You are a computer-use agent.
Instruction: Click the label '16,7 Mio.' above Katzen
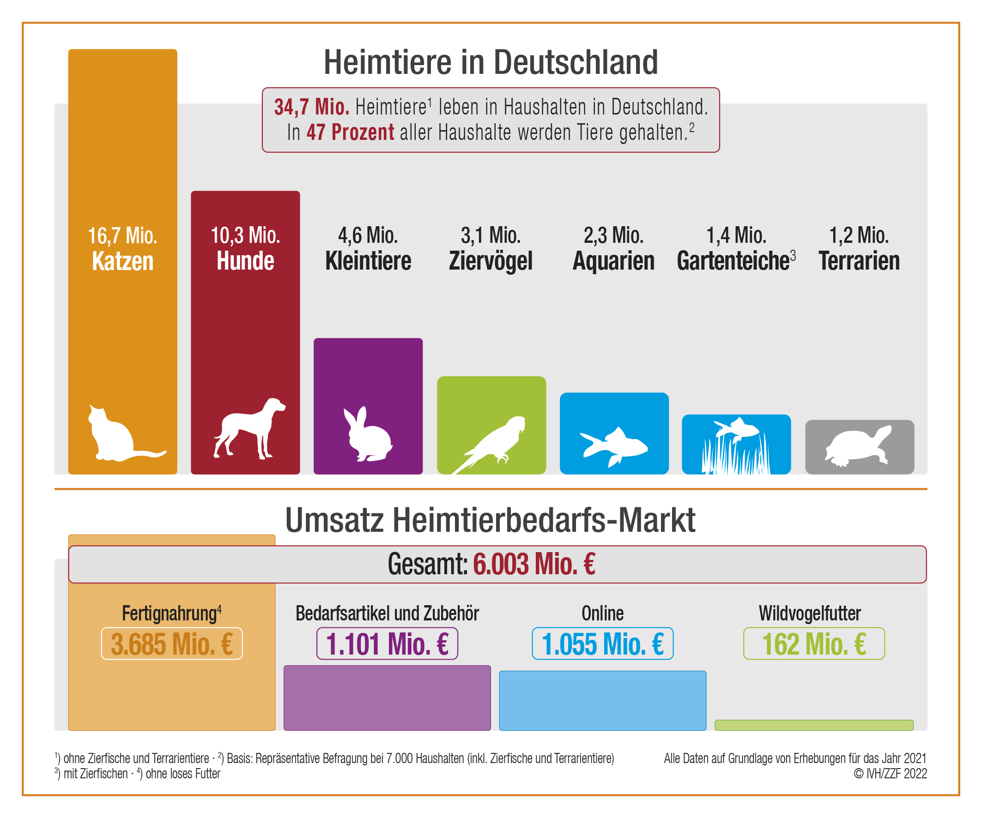[122, 235]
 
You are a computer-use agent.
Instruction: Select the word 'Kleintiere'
[368, 261]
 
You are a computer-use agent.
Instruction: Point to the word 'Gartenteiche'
[733, 261]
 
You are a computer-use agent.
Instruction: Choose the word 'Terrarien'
[859, 261]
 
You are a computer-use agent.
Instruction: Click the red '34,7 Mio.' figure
[311, 107]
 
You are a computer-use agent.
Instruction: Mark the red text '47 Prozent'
[350, 132]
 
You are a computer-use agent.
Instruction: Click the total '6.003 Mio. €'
[533, 564]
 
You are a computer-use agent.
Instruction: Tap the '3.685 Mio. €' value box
[172, 644]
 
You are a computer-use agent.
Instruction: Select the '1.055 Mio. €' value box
[602, 644]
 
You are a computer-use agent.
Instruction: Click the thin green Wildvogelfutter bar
[814, 725]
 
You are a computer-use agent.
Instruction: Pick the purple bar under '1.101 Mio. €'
[387, 698]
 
